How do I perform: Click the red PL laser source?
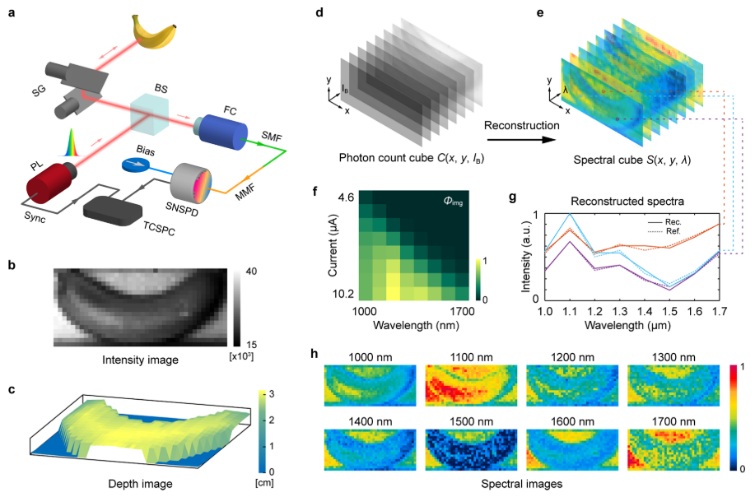(x=50, y=181)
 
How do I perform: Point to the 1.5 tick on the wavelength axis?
(x=671, y=314)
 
